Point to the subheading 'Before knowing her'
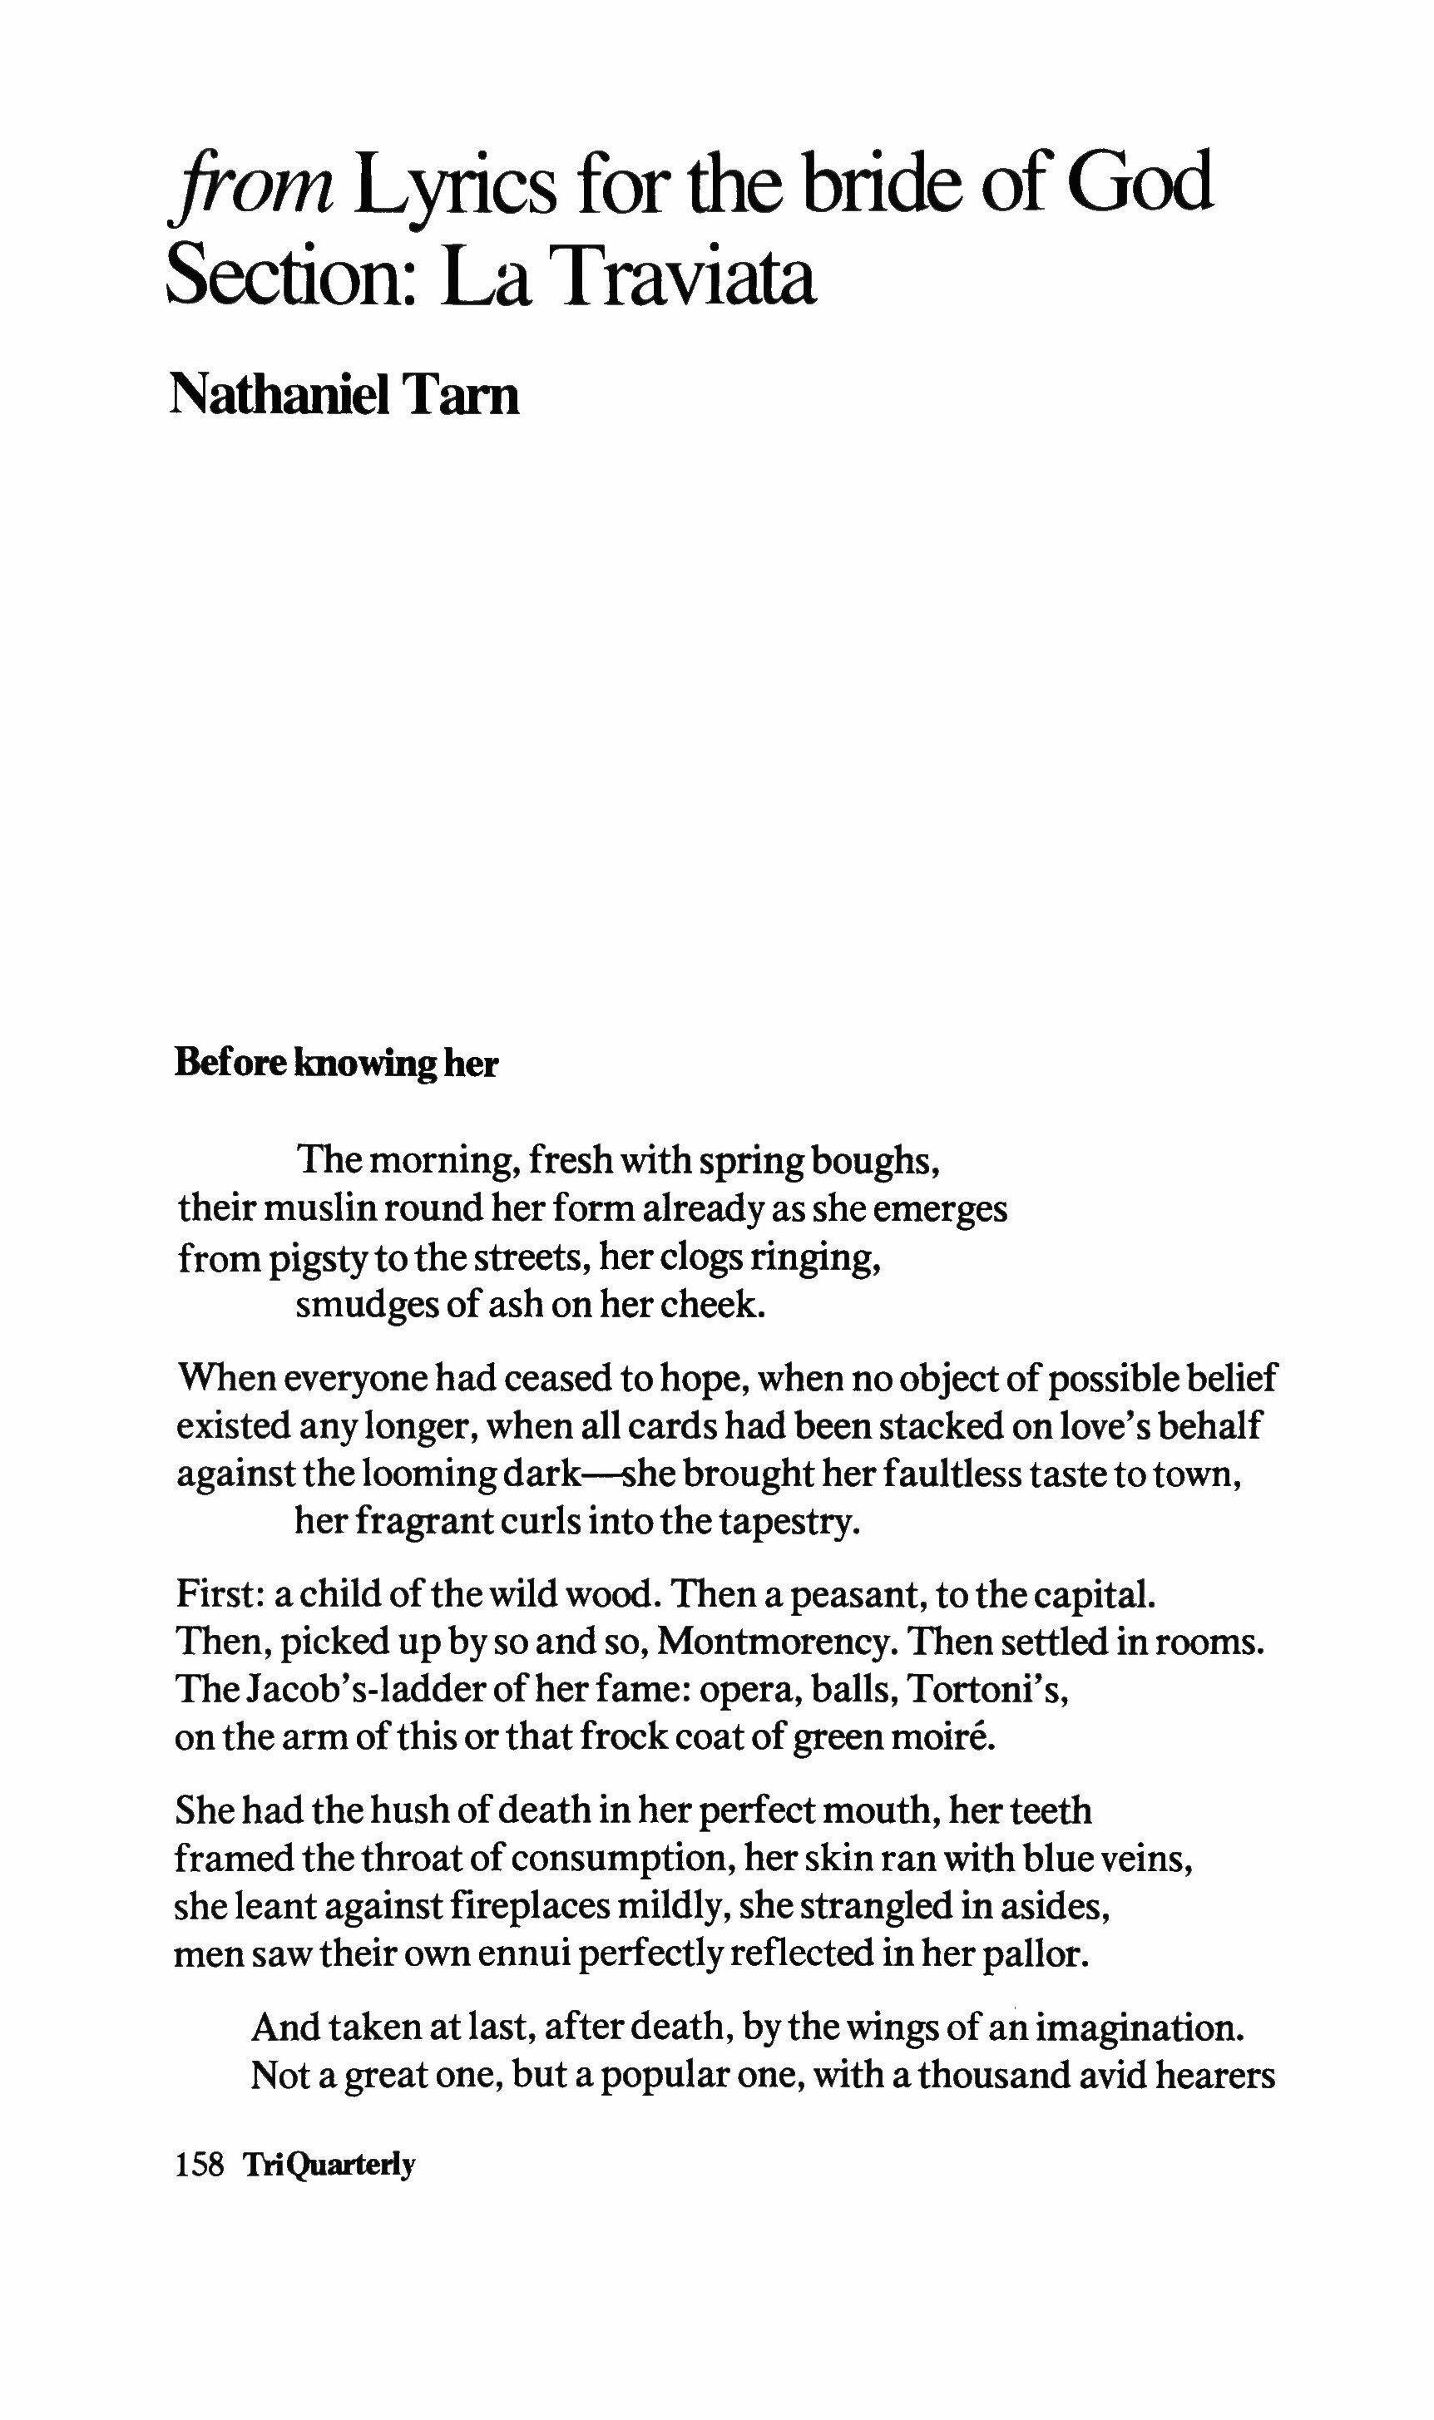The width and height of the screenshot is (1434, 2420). pos(336,1064)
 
